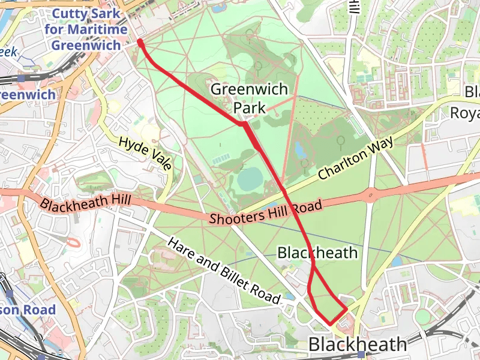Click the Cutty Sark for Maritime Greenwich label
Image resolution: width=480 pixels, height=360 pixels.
click(89, 29)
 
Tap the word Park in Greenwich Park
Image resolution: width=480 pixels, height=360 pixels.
click(250, 107)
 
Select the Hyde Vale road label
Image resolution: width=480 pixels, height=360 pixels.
click(146, 153)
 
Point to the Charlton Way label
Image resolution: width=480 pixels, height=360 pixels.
click(356, 159)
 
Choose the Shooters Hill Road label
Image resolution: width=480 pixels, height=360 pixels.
click(266, 212)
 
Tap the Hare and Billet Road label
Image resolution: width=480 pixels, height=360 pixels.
click(224, 270)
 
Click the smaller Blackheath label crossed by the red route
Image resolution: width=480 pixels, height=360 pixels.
click(317, 253)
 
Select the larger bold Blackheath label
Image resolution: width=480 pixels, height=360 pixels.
click(358, 344)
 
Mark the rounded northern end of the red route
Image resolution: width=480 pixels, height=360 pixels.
click(140, 43)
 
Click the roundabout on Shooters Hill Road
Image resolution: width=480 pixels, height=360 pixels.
click(371, 194)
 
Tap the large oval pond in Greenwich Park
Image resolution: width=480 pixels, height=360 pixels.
click(250, 178)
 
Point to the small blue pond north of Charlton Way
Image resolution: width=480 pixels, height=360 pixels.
click(300, 148)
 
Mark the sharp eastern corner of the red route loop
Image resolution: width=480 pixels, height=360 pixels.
click(347, 310)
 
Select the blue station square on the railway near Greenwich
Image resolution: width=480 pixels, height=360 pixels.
click(21, 78)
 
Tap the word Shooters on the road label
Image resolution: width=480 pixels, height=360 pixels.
click(231, 216)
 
